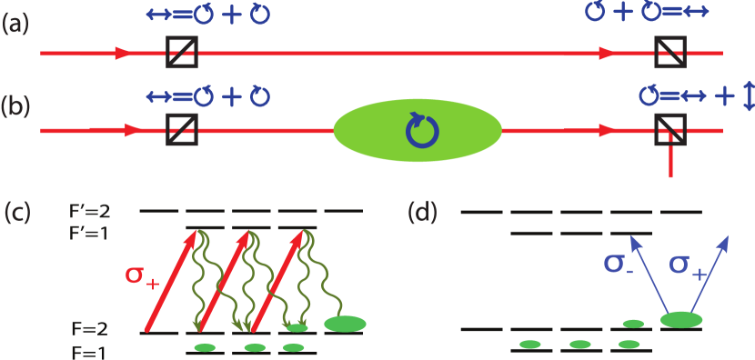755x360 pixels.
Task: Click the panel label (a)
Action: [15, 25]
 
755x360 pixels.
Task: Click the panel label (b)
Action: [15, 105]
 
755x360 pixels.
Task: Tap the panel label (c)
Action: [17, 213]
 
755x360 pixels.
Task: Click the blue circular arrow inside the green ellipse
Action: [421, 131]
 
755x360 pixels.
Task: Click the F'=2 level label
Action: [90, 211]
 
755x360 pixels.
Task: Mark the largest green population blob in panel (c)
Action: [345, 323]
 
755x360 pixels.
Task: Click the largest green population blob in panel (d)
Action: [681, 319]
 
